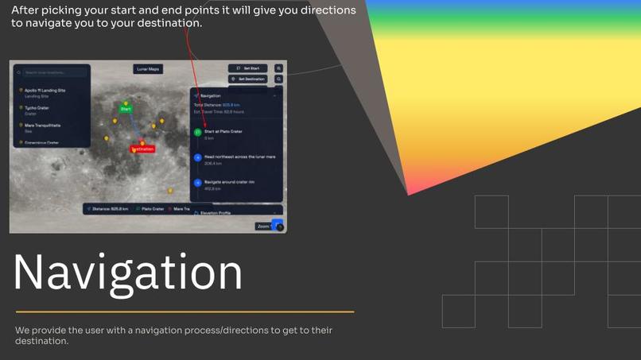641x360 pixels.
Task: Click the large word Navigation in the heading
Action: [x=128, y=272]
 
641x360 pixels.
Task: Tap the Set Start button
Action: [x=247, y=68]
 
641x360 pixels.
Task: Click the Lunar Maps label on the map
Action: [x=148, y=69]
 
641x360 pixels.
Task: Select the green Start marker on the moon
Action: [x=126, y=109]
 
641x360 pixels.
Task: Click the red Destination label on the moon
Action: [x=142, y=149]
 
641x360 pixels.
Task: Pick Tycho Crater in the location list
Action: [x=37, y=108]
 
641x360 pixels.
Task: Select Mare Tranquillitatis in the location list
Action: [x=43, y=126]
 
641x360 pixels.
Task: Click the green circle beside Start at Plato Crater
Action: [x=198, y=132]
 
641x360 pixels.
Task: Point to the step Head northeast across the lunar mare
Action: [x=239, y=157]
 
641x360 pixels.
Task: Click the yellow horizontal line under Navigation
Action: [x=185, y=312]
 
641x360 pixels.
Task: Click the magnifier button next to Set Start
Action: [x=279, y=68]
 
